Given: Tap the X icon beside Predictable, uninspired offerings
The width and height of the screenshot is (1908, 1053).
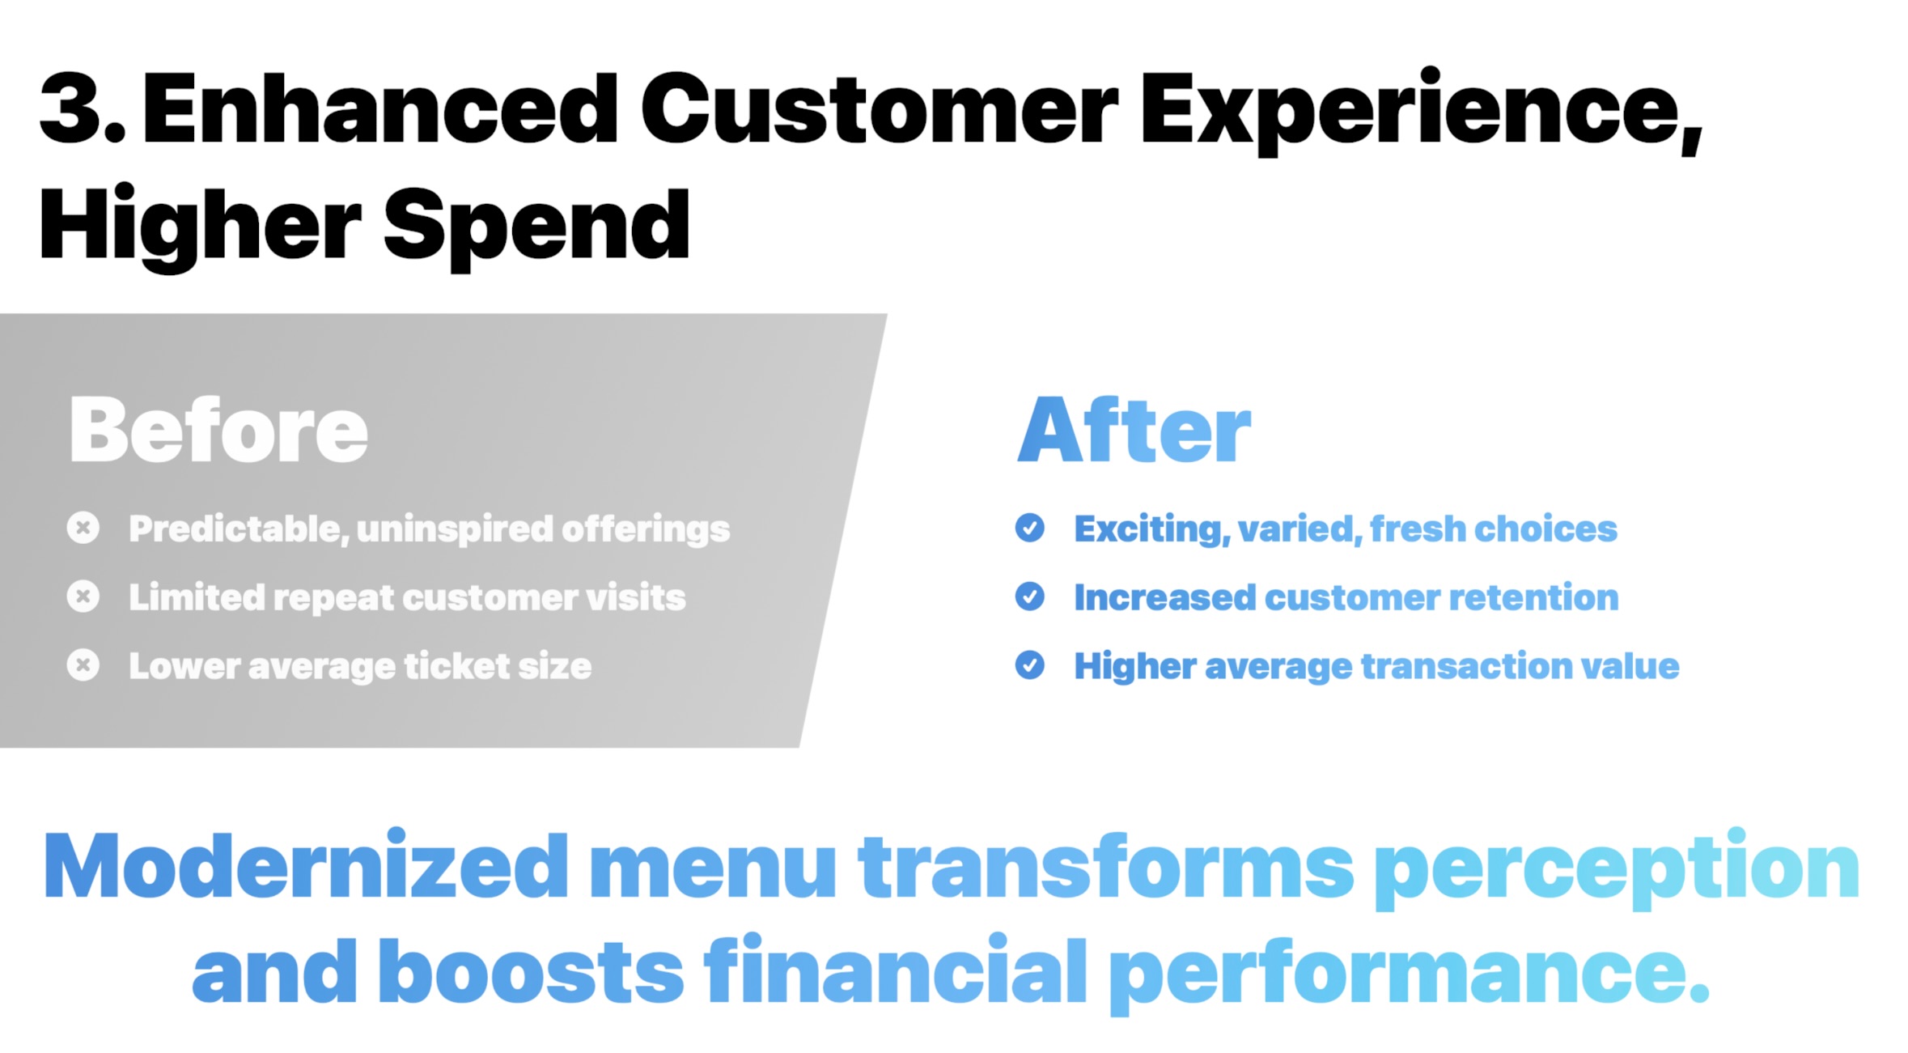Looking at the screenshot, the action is (83, 528).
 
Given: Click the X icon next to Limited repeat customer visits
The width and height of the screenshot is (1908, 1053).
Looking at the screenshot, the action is (83, 597).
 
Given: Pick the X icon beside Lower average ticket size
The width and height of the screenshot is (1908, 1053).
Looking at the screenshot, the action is (83, 665).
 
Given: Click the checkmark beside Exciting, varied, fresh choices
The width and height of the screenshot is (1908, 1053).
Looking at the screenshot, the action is (1030, 528).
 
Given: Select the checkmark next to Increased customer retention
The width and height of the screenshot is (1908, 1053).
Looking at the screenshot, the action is (1030, 597).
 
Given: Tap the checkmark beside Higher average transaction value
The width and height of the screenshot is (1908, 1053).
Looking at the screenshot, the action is (1030, 665).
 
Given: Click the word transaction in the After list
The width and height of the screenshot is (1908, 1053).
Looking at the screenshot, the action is (1467, 666).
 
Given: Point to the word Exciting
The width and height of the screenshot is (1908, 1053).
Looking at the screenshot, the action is (1152, 529).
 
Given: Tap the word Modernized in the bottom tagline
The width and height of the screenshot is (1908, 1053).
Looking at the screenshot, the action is (307, 866).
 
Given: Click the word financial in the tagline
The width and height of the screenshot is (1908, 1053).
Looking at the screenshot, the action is (895, 970).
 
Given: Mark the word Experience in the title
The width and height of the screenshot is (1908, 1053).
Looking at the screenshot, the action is (1422, 111).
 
